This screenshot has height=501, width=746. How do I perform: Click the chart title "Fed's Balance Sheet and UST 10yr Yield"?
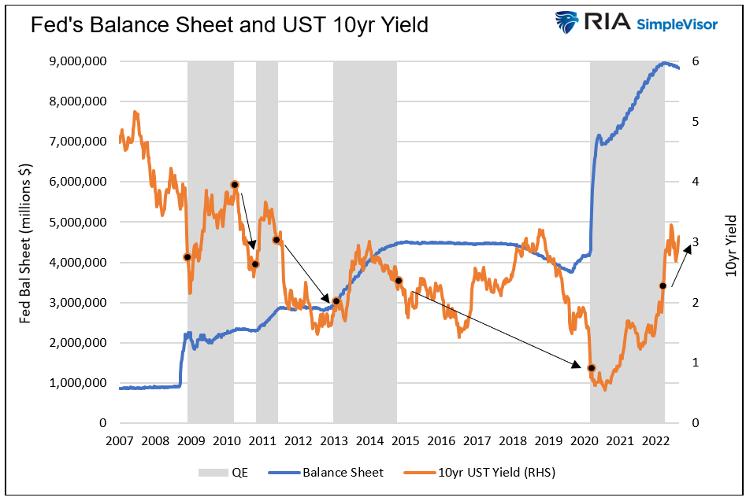point(229,25)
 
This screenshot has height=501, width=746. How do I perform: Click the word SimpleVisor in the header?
point(678,24)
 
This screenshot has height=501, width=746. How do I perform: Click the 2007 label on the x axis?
point(119,440)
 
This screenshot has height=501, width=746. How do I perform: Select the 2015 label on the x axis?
point(406,440)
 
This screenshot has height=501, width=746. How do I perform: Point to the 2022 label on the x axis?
point(656,440)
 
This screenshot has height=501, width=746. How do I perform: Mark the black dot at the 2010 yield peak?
point(235,185)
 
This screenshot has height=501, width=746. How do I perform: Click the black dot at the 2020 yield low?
point(592,368)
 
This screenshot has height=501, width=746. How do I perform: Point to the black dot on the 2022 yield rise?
point(663,286)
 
